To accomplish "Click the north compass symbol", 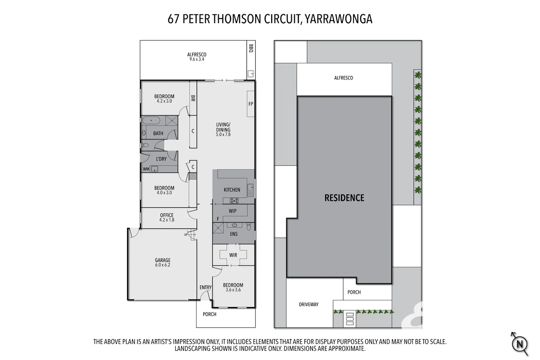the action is (520, 344).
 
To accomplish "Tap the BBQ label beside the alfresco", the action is (251, 49).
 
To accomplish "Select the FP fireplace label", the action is (251, 104).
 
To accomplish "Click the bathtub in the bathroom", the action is (151, 120).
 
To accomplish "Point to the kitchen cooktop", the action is (234, 201).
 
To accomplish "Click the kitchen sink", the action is (250, 190).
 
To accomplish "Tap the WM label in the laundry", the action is (146, 169).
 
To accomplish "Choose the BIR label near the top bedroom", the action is (193, 98).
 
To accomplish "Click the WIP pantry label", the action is (233, 211).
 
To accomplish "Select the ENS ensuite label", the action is (234, 234).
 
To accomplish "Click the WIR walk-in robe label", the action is (233, 255).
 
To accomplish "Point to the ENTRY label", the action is (206, 287).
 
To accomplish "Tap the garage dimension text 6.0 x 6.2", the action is (163, 265).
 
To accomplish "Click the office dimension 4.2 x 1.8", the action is (167, 220).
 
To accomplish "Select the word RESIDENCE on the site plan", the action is (344, 198).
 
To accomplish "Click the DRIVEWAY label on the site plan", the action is (309, 305).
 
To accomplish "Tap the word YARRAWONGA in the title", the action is (338, 19).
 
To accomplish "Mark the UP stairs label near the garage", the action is (186, 235).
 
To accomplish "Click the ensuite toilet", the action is (249, 227).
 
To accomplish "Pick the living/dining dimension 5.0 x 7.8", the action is (223, 135).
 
